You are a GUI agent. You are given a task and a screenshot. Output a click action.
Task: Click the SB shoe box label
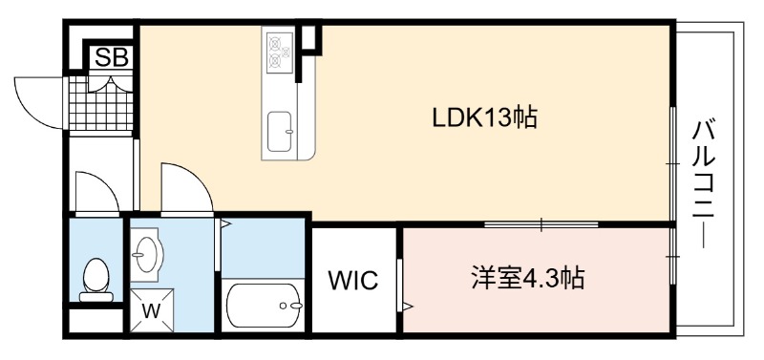(112, 57)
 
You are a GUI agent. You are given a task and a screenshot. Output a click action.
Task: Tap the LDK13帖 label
(485, 118)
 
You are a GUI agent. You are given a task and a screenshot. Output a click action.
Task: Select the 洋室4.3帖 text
(528, 278)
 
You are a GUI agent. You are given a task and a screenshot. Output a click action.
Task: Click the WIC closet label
(353, 281)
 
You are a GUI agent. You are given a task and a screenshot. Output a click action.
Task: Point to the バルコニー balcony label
(704, 185)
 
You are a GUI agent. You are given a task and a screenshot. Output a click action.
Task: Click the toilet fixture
(95, 280)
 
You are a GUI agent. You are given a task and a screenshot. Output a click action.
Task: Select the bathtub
(264, 306)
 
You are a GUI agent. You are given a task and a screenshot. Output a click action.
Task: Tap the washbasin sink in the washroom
(147, 255)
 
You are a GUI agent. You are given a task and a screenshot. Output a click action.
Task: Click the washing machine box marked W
(152, 310)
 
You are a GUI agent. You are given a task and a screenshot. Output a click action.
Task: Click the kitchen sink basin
(280, 132)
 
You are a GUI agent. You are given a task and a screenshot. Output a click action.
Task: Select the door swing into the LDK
(187, 187)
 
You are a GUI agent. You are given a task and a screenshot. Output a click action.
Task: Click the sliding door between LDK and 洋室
(541, 224)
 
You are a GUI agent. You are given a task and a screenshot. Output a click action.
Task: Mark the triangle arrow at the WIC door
(407, 307)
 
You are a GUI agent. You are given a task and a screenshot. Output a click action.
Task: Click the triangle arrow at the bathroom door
(225, 223)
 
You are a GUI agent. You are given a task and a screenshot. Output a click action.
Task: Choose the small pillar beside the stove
(309, 38)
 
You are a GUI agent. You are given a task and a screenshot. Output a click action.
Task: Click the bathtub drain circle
(284, 306)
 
